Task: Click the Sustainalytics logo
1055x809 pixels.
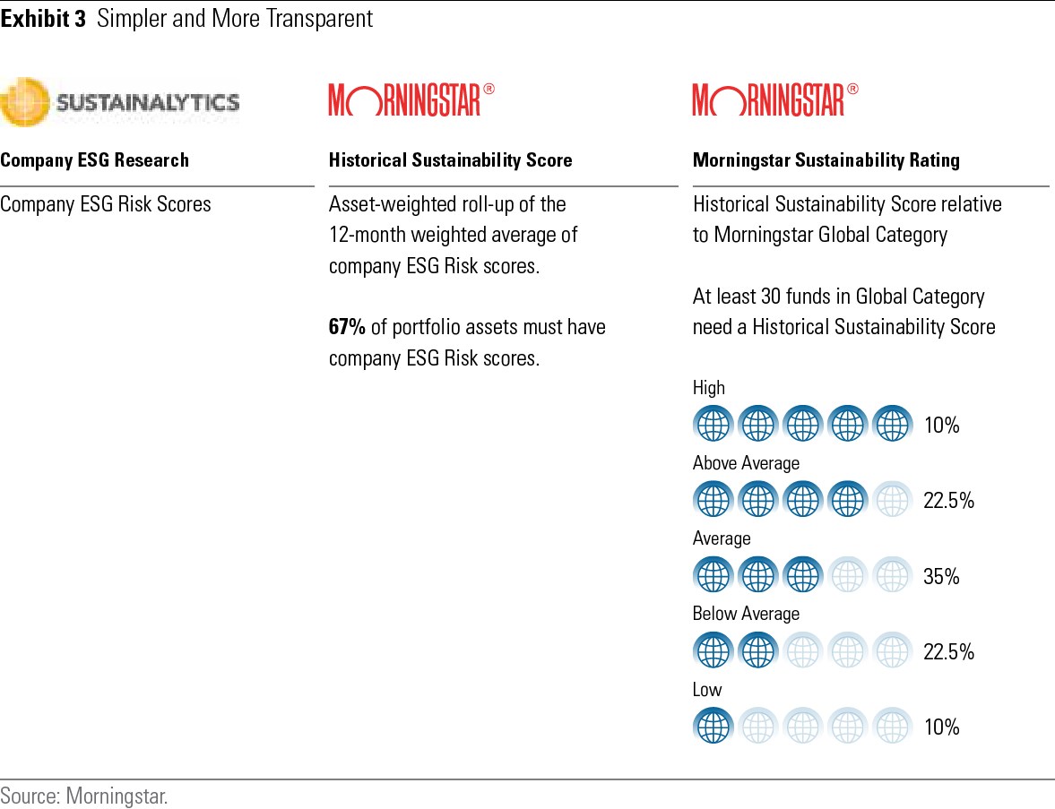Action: pyautogui.click(x=120, y=101)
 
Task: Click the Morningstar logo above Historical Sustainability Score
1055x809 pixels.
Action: pyautogui.click(x=411, y=99)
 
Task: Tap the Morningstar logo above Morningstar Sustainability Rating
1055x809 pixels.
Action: pyautogui.click(x=775, y=99)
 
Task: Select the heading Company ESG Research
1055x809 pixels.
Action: pyautogui.click(x=95, y=160)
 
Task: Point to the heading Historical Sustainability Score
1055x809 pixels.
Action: pyautogui.click(x=450, y=160)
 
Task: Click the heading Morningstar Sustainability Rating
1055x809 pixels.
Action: pyautogui.click(x=826, y=160)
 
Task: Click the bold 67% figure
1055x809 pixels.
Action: pyautogui.click(x=347, y=327)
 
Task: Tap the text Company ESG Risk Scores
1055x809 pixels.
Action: pyautogui.click(x=106, y=204)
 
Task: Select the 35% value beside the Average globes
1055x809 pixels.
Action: pyautogui.click(x=941, y=577)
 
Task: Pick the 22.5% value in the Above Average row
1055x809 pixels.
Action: pyautogui.click(x=948, y=501)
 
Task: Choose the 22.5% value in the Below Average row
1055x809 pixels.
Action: pyautogui.click(x=948, y=652)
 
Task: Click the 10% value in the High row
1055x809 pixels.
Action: pyautogui.click(x=941, y=426)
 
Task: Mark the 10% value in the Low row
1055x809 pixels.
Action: pyautogui.click(x=941, y=727)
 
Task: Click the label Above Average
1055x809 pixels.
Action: pyautogui.click(x=746, y=463)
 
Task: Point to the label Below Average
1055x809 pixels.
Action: pyautogui.click(x=746, y=614)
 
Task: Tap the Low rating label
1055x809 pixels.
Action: pyautogui.click(x=707, y=690)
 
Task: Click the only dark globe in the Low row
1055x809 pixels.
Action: pyautogui.click(x=713, y=727)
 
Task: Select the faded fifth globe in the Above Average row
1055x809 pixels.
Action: pyautogui.click(x=892, y=500)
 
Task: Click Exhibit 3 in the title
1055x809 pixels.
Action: pyautogui.click(x=43, y=20)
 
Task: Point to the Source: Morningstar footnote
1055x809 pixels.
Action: pyautogui.click(x=84, y=796)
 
